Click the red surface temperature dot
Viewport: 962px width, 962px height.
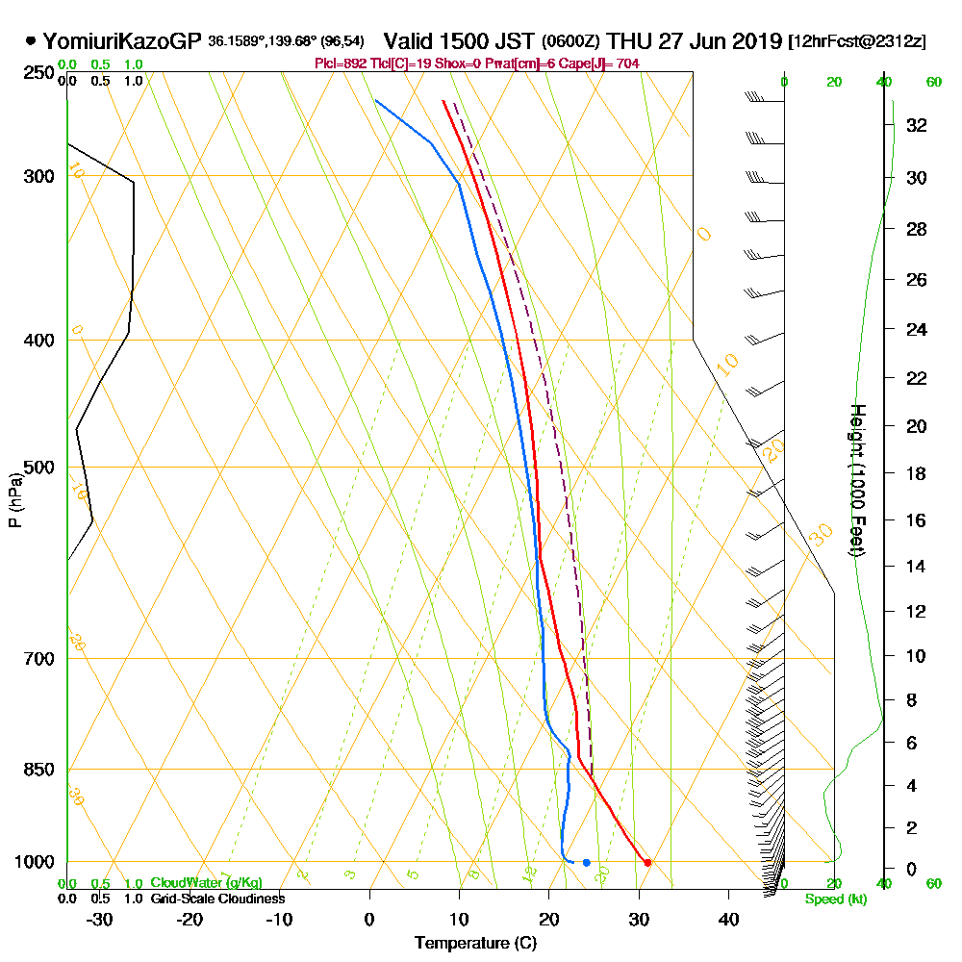[x=647, y=862]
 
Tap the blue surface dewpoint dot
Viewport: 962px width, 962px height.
[x=586, y=862]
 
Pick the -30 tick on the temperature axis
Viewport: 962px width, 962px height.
[x=99, y=919]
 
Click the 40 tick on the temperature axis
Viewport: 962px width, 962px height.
[x=728, y=919]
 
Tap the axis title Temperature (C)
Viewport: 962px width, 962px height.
[x=475, y=943]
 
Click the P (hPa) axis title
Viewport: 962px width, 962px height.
[x=14, y=500]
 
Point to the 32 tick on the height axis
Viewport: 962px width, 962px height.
[x=917, y=124]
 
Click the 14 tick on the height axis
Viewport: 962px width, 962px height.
[x=917, y=566]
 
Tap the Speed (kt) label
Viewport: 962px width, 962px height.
[x=832, y=899]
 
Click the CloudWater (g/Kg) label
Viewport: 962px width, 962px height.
[x=206, y=883]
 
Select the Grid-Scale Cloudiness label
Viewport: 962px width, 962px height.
[x=216, y=899]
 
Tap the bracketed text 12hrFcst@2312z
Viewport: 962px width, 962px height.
[x=857, y=42]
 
